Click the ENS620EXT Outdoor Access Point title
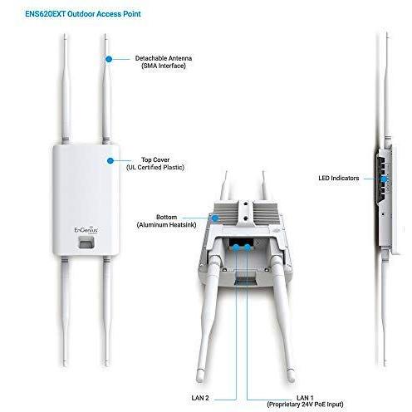coord(83,14)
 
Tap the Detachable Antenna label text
coord(164,58)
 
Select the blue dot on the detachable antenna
coord(109,59)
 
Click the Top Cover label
coord(155,159)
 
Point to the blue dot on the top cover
coord(110,160)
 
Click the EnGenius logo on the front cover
coord(86,230)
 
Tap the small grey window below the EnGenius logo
coord(86,243)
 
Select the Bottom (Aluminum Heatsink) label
coord(166,221)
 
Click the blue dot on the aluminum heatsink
coord(215,218)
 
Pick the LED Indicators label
coord(339,178)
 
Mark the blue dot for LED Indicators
coord(384,179)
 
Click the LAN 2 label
coord(200,398)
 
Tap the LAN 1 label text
coord(305,398)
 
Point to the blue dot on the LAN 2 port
coord(236,248)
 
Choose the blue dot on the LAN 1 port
coord(248,248)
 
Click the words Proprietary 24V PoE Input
coord(305,405)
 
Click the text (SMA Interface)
coord(164,66)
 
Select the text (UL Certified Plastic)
coord(155,167)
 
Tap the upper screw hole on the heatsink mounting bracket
coord(246,204)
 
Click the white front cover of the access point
coord(86,199)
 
